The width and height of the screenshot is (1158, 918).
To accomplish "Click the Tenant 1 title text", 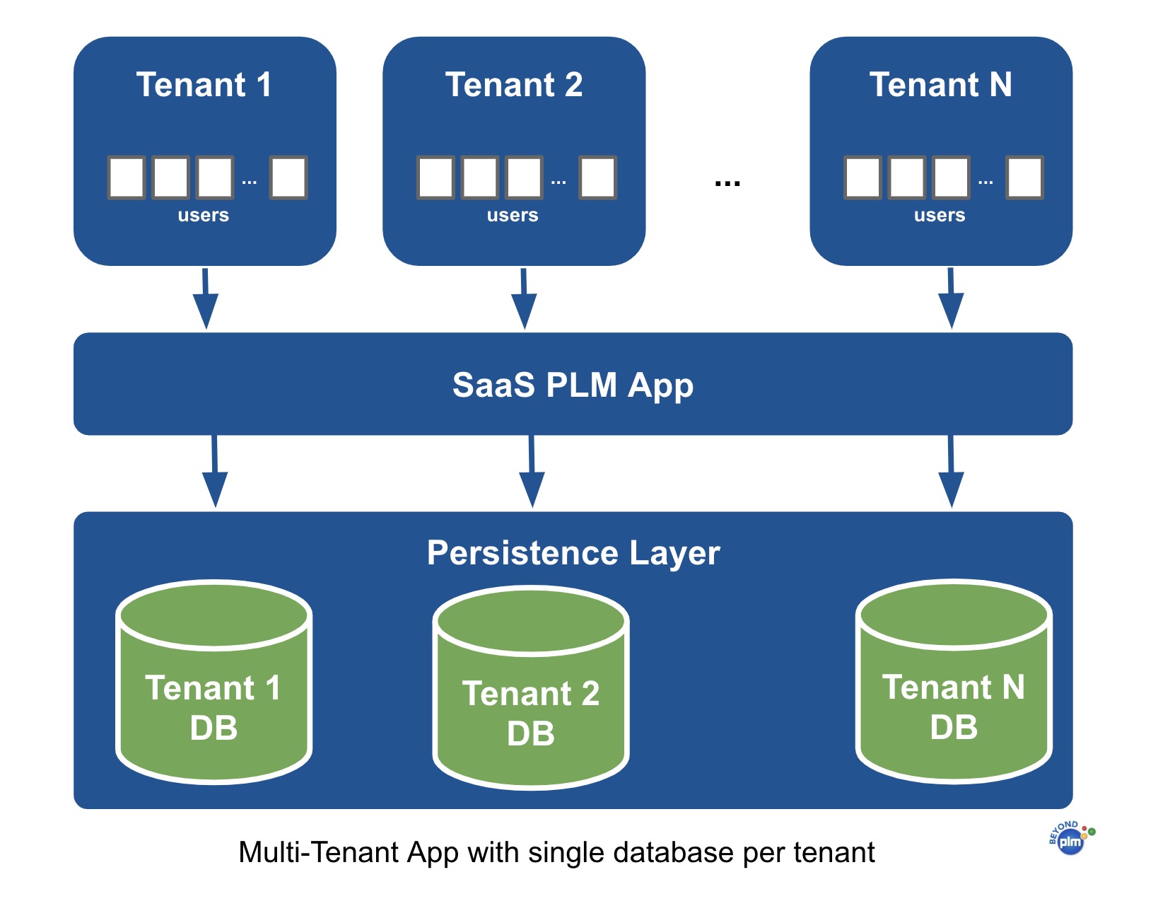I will [204, 85].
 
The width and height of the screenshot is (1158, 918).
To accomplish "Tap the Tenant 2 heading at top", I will [514, 85].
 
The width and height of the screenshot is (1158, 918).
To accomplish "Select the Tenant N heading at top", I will [940, 85].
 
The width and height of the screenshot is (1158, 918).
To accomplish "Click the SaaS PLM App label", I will [573, 385].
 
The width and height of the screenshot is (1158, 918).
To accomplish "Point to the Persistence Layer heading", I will [573, 553].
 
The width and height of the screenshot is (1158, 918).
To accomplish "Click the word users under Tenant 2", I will [513, 215].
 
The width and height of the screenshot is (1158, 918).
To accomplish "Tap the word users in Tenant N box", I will [940, 215].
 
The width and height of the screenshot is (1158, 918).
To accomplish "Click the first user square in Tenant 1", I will [127, 178].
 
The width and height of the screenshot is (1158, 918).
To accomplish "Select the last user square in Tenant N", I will [1025, 178].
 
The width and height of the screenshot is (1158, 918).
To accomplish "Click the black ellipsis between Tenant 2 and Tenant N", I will [727, 183].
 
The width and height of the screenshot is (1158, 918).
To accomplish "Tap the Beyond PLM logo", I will [1071, 839].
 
